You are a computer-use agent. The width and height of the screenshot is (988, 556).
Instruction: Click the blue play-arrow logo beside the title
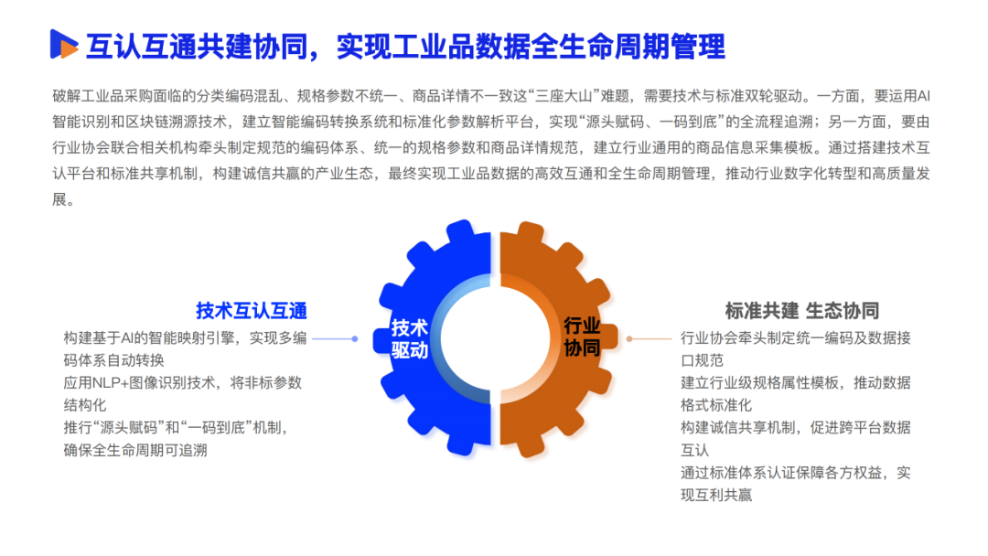63,44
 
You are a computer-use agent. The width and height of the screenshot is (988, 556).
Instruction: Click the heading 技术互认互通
251,310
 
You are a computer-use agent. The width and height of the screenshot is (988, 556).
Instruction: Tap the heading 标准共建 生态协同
801,310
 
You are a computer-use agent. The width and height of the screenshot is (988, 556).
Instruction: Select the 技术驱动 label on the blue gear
410,338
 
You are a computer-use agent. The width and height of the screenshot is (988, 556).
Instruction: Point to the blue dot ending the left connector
355,338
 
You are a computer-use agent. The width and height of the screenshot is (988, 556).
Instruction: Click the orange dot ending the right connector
629,338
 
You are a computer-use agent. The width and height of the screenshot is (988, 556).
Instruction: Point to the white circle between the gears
495,338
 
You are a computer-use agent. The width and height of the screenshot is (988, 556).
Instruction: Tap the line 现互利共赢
716,495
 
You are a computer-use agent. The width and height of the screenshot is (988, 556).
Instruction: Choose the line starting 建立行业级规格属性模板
796,382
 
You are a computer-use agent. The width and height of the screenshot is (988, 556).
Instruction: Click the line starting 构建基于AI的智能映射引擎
185,337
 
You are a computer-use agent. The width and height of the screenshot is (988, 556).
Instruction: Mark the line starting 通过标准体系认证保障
796,473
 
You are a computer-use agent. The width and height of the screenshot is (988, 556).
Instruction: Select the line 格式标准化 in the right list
716,404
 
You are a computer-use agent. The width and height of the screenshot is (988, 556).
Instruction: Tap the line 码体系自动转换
114,359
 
